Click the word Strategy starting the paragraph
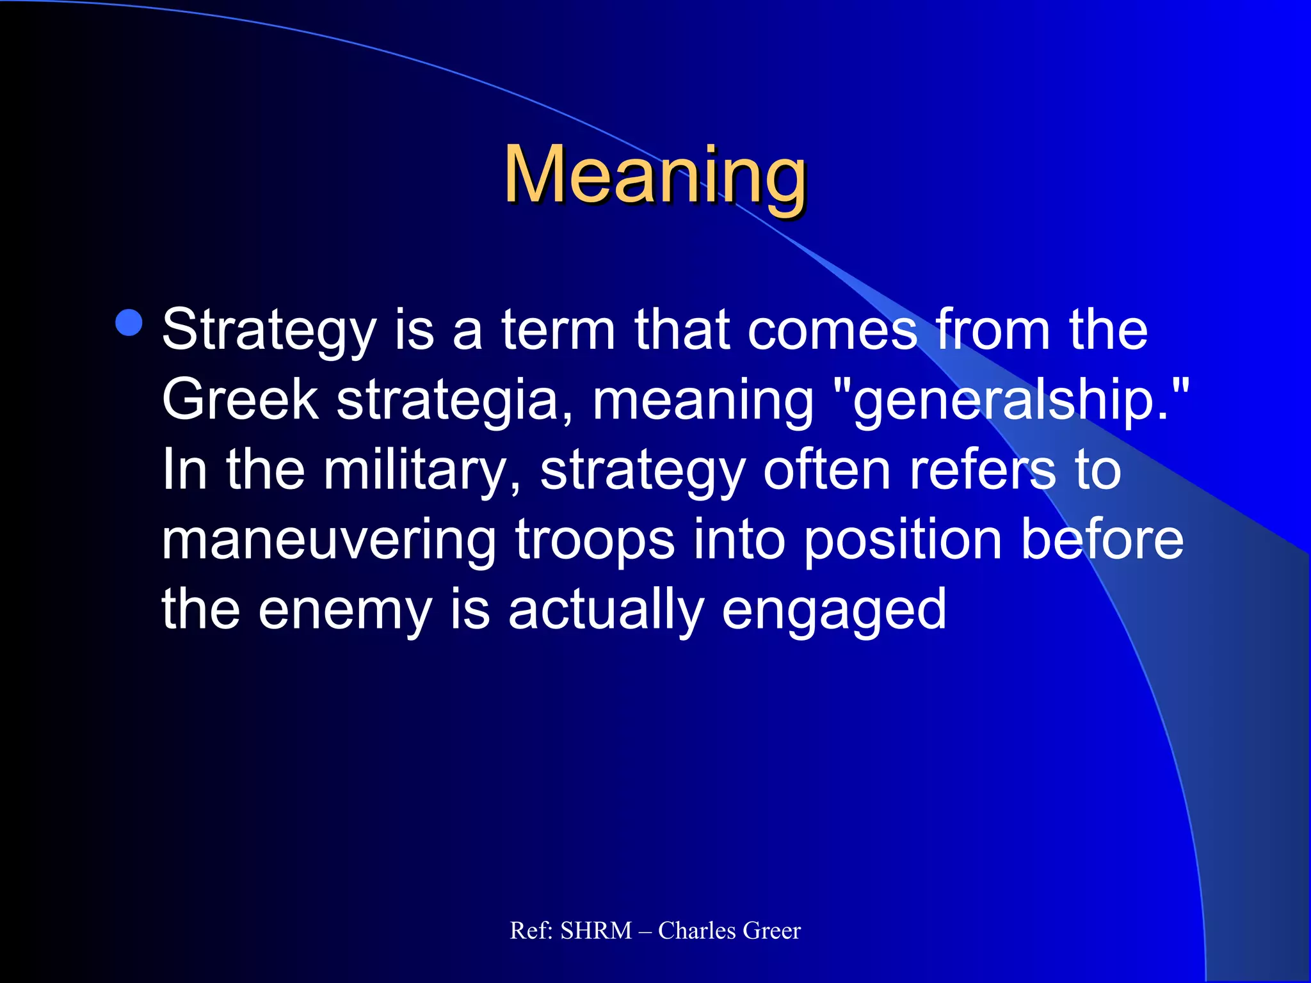[269, 332]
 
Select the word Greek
[240, 400]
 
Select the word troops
[595, 540]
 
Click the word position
[903, 540]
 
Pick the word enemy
[346, 609]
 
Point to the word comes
[832, 330]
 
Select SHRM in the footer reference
[596, 931]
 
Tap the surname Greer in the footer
[772, 931]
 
